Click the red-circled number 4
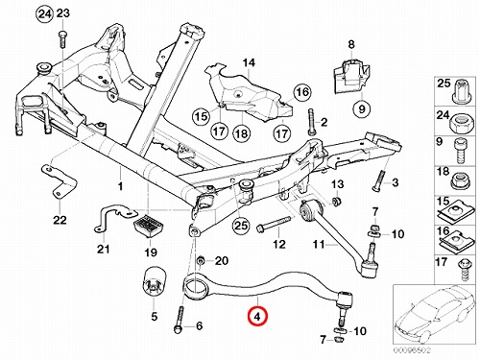click(258, 316)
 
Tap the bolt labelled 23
click(62, 39)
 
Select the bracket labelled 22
click(59, 181)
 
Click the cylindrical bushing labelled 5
click(155, 282)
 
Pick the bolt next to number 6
click(180, 320)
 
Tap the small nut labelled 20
click(201, 261)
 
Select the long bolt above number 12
click(274, 223)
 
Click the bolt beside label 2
click(312, 123)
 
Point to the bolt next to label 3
click(379, 180)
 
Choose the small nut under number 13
click(336, 202)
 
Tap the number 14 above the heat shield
click(249, 62)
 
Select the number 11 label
click(319, 245)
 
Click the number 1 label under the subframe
click(120, 186)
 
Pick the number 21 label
click(103, 249)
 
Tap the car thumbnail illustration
click(436, 315)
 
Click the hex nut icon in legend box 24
click(461, 123)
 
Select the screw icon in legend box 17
click(464, 270)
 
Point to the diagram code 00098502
click(412, 350)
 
